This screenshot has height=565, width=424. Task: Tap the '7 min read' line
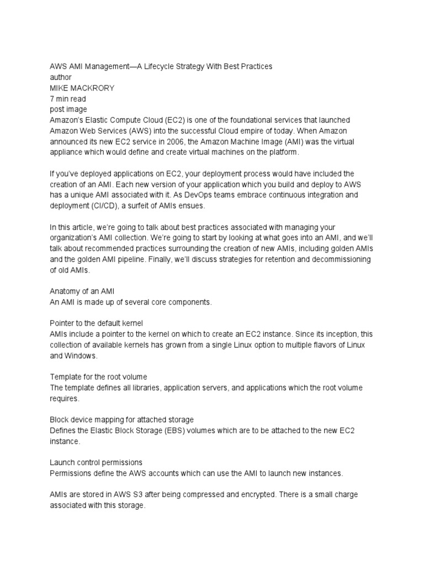pos(67,98)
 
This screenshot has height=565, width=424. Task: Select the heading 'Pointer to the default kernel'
pos(96,323)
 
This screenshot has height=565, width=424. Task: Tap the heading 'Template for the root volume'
pos(98,376)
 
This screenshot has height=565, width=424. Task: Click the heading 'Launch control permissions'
pos(96,462)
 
